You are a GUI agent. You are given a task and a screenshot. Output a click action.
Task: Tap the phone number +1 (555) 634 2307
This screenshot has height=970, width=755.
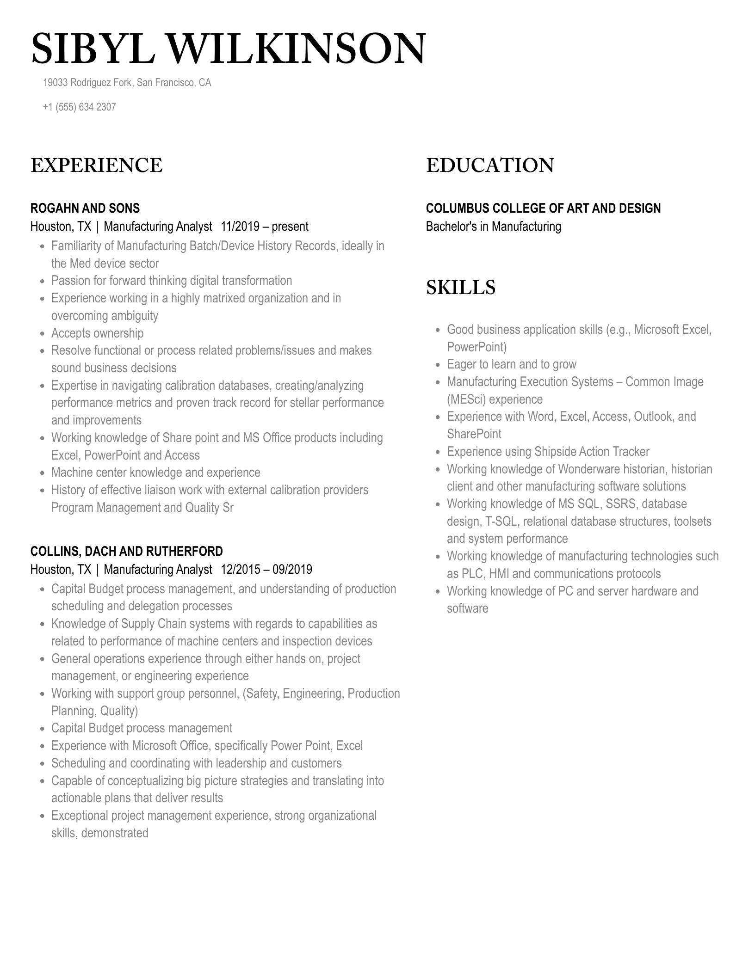coord(79,107)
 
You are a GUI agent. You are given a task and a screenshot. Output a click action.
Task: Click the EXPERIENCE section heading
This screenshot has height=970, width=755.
coord(96,166)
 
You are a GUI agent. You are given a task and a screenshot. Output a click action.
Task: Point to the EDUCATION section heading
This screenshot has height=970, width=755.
coord(489,166)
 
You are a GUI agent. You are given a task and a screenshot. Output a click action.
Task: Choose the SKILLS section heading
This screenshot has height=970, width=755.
coord(460,288)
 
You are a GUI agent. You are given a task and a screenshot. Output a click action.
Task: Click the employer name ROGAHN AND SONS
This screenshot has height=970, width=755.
coord(85,208)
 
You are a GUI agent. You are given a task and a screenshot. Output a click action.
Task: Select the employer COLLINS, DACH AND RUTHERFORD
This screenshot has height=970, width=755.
coord(126,551)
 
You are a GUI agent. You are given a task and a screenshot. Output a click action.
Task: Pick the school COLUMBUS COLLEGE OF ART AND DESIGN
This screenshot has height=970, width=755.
coord(543,208)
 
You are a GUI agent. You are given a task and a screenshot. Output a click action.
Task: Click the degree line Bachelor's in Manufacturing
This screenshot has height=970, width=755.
coord(493,227)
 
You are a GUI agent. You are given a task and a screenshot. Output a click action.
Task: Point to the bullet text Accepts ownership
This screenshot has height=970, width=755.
coord(97,333)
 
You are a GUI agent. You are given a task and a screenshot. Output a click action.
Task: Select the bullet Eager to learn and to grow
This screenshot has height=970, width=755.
coord(511,364)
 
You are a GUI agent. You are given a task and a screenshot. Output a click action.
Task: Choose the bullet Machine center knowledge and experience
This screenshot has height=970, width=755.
coord(155,473)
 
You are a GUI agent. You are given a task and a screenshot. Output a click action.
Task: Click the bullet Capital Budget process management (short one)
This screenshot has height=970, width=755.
coord(142,728)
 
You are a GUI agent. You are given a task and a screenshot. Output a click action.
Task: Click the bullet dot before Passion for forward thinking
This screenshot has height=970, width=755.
coord(42,281)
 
